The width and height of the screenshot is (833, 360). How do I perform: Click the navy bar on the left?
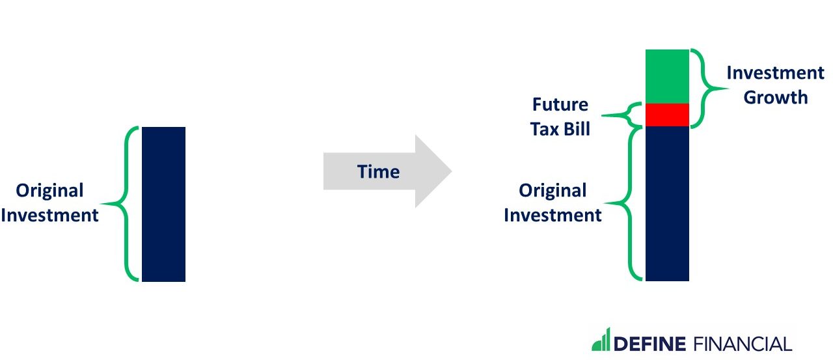(163, 204)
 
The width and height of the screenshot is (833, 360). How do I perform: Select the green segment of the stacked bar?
(667, 76)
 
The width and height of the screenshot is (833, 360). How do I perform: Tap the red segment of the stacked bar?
(667, 115)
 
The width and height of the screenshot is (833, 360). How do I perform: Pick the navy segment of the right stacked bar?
(667, 204)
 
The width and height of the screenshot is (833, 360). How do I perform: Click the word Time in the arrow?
(378, 172)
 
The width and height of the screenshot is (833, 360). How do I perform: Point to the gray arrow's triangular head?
(431, 171)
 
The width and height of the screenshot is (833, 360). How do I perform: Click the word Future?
(560, 105)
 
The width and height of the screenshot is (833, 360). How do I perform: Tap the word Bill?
(577, 130)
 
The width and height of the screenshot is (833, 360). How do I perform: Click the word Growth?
(776, 98)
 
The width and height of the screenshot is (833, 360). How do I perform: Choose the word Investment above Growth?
(775, 73)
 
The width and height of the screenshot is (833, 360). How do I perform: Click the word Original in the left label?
(49, 191)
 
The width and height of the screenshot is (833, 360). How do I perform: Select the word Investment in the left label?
(49, 215)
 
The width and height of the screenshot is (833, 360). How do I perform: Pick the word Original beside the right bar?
(553, 191)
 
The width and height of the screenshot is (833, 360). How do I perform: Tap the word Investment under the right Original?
(553, 215)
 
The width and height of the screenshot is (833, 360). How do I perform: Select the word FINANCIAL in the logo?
(743, 344)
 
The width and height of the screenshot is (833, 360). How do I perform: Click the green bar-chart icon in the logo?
(601, 339)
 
